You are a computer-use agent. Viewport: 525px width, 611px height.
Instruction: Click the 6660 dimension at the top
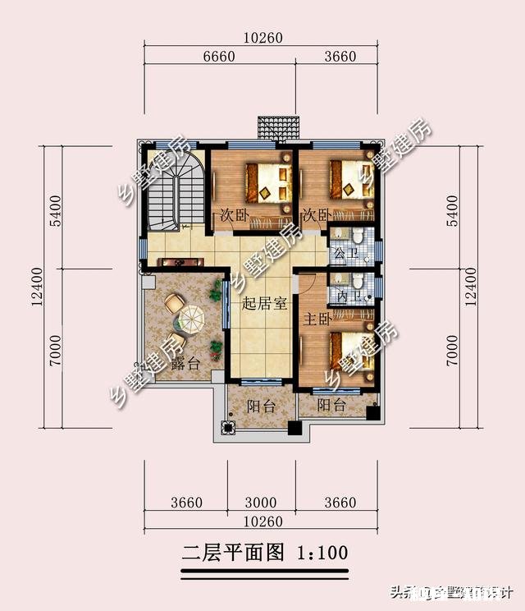coord(218,57)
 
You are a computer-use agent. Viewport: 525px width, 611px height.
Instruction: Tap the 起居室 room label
coord(264,304)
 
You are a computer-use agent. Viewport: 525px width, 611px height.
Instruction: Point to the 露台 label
coord(181,365)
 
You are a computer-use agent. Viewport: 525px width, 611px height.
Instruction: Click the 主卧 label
coord(317,318)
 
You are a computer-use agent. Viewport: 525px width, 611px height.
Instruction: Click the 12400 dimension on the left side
coord(39,286)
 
